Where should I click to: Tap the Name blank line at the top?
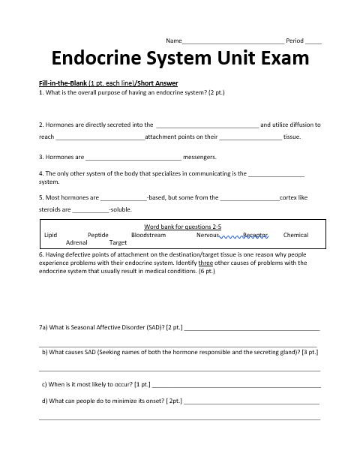click(x=233, y=41)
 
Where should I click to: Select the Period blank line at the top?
click(x=313, y=41)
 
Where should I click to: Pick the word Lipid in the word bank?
click(x=51, y=235)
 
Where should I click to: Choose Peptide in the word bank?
click(x=98, y=235)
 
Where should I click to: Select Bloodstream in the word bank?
click(x=148, y=235)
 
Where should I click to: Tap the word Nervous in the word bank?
click(x=208, y=235)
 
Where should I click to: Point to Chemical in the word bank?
click(x=295, y=235)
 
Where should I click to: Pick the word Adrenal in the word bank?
click(x=77, y=243)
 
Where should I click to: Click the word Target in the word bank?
click(x=118, y=243)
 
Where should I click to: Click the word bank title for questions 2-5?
click(x=182, y=227)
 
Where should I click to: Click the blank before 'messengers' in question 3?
click(x=133, y=158)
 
